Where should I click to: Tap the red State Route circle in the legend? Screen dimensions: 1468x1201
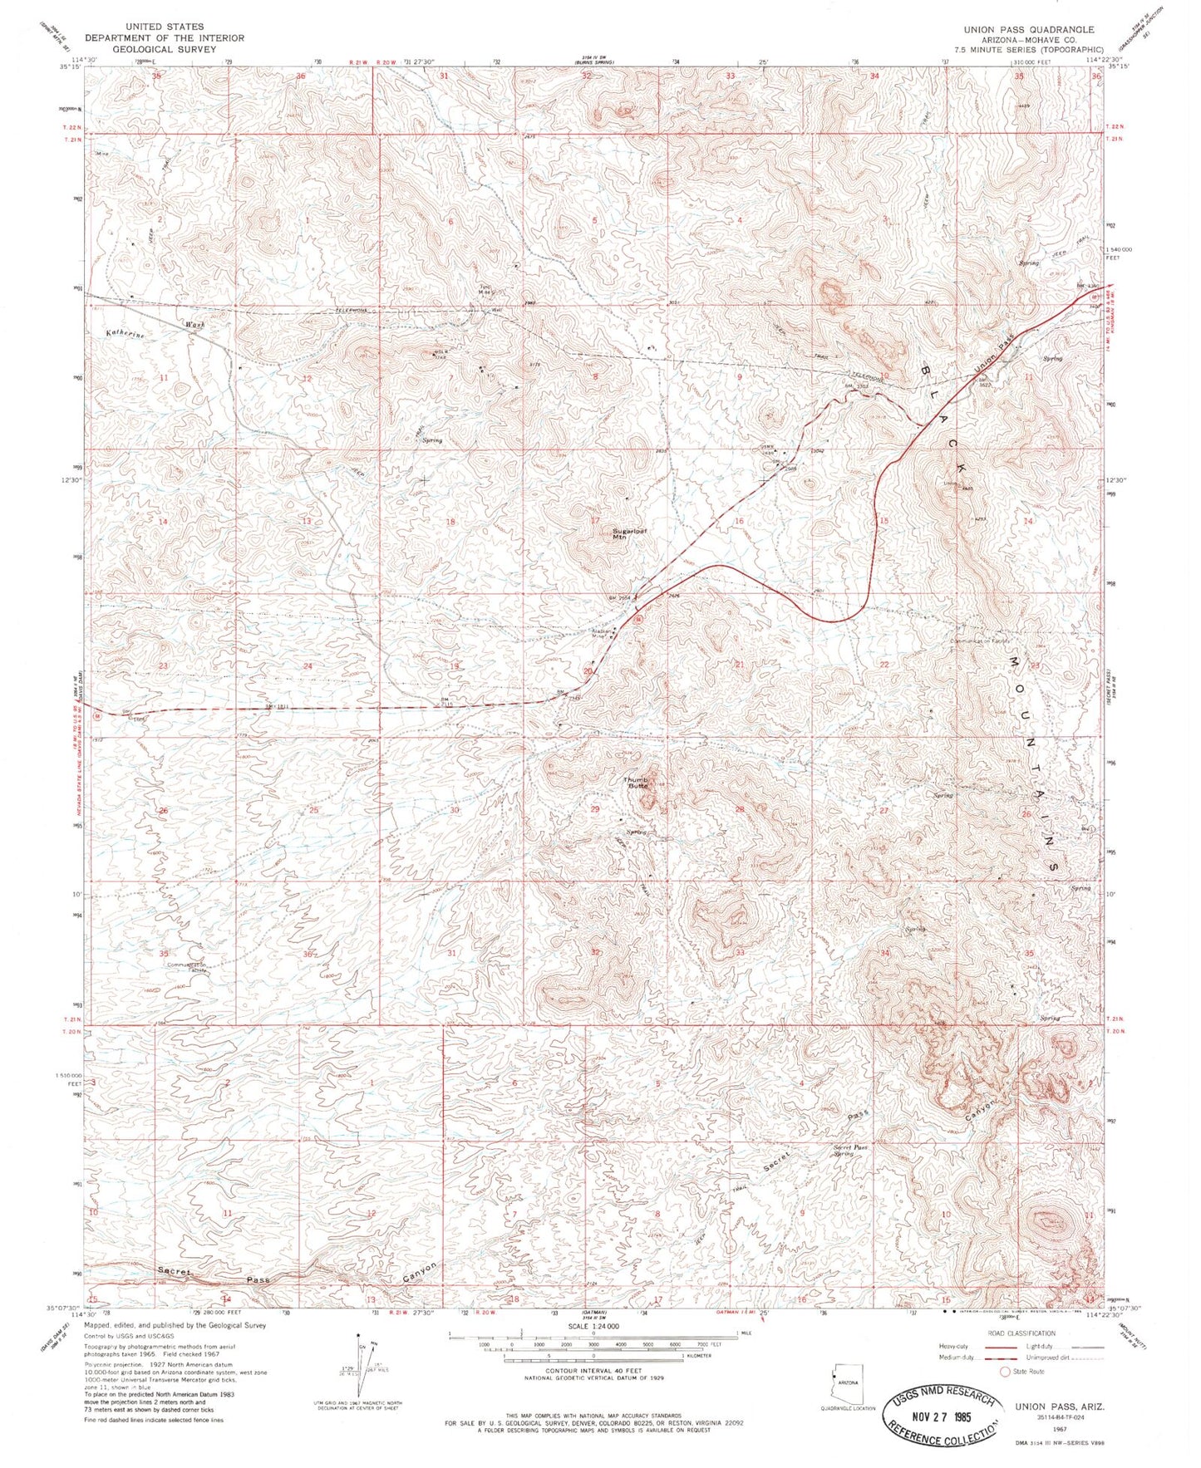1005,1372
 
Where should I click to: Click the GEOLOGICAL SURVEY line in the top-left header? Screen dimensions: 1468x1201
164,49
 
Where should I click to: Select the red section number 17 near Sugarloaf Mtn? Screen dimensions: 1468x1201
595,521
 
